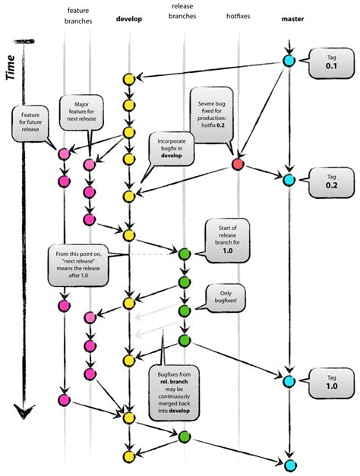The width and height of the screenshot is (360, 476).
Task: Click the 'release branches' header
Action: coord(183,12)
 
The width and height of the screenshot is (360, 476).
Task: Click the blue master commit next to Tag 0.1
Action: coord(289,61)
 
